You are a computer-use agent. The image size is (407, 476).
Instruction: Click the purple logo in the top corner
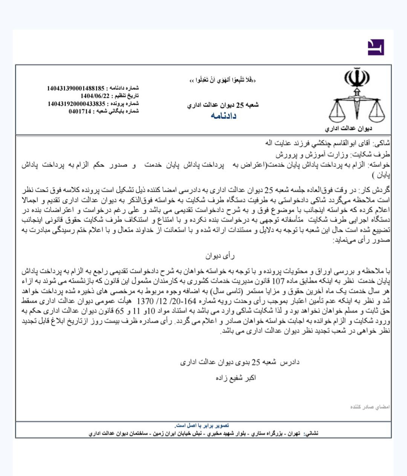pos(376,47)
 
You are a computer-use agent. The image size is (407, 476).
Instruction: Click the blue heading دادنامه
pos(223,116)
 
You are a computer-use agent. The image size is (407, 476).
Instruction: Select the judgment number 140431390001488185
pos(75,88)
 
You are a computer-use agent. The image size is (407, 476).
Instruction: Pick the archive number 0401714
pos(80,111)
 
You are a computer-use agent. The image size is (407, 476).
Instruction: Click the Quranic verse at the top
pos(223,80)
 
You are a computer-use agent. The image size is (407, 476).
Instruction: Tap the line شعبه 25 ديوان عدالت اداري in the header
pos(223,105)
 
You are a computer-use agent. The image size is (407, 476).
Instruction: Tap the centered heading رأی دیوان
pos(220,256)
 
